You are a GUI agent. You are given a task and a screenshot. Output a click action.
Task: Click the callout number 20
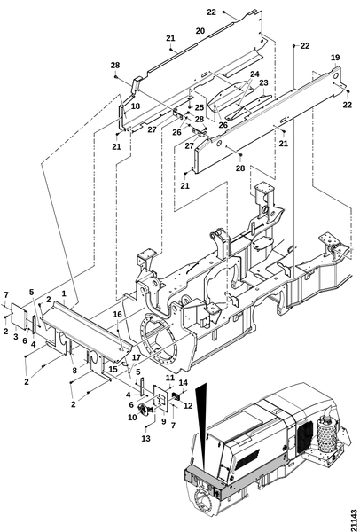pyautogui.click(x=200, y=31)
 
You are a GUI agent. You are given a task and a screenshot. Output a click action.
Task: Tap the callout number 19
pyautogui.click(x=335, y=58)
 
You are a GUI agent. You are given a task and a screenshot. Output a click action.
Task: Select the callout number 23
pyautogui.click(x=263, y=82)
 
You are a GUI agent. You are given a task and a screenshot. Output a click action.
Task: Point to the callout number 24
pyautogui.click(x=254, y=74)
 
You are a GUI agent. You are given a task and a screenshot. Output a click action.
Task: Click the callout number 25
pyautogui.click(x=200, y=107)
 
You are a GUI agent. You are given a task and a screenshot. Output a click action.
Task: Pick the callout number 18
pyautogui.click(x=136, y=106)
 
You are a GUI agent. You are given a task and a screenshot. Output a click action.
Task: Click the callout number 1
pyautogui.click(x=64, y=293)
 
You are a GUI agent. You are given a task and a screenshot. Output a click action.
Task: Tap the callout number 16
pyautogui.click(x=117, y=315)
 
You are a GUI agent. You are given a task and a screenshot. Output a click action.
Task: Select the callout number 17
pyautogui.click(x=136, y=357)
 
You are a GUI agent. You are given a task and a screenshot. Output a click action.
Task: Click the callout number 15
pyautogui.click(x=113, y=369)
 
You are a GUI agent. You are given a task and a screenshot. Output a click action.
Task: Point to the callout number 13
pyautogui.click(x=146, y=439)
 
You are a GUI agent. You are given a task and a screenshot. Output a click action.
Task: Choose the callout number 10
pyautogui.click(x=132, y=418)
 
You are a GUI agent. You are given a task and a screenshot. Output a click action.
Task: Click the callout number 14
pyautogui.click(x=184, y=383)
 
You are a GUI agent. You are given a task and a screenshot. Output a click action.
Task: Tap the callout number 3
pyautogui.click(x=16, y=337)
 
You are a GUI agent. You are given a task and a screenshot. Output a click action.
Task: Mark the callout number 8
pyautogui.click(x=74, y=371)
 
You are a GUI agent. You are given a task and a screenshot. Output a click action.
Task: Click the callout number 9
pyautogui.click(x=164, y=422)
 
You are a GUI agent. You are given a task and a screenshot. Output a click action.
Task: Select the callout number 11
pyautogui.click(x=170, y=378)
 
